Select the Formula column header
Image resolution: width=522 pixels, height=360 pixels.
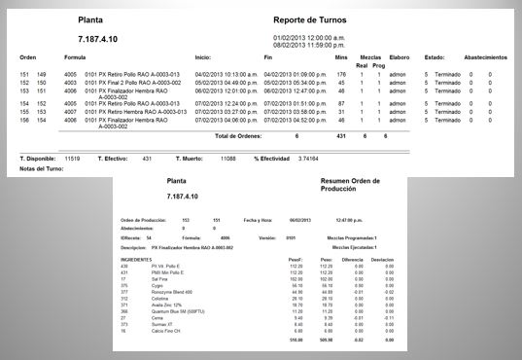coord(75,56)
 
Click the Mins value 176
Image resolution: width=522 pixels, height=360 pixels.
coord(341,74)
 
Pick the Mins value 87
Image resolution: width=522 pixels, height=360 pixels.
coord(342,102)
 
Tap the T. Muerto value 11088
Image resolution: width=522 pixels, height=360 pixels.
coord(227,157)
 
